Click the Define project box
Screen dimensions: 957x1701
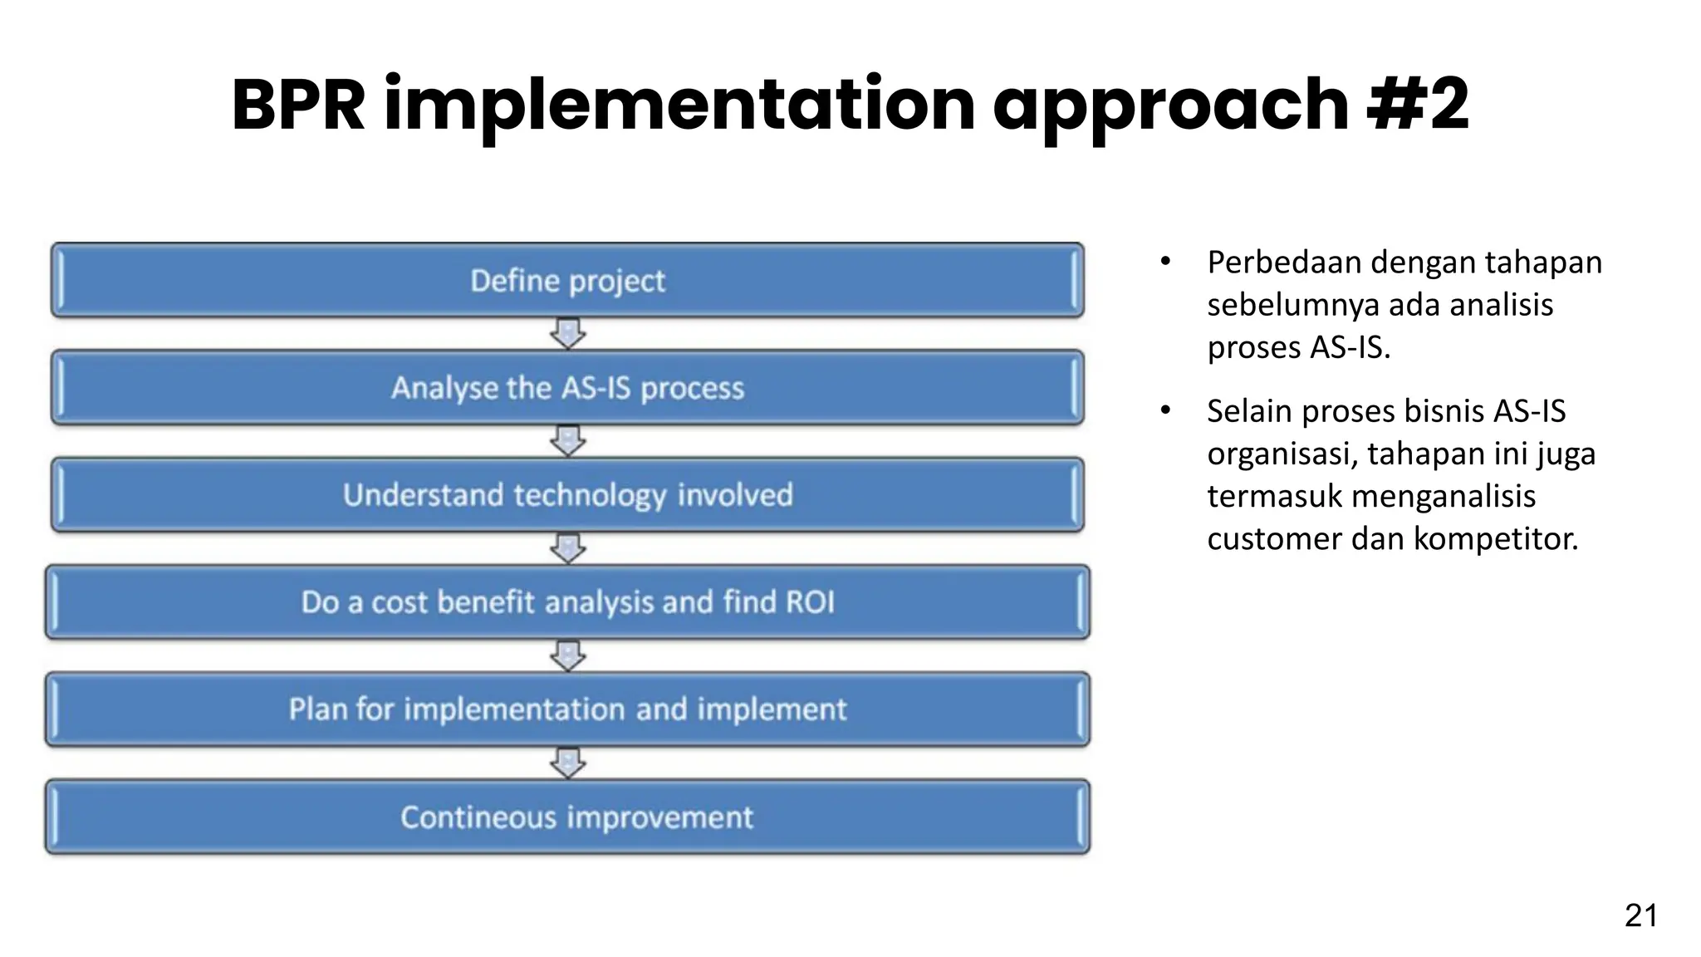(x=567, y=281)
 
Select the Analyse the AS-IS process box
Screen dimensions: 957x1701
(x=567, y=388)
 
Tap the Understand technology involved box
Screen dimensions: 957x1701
(x=567, y=495)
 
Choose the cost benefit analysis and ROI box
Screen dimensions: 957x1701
(x=567, y=602)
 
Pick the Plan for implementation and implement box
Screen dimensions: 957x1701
(x=567, y=709)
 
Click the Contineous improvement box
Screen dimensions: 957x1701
(x=567, y=817)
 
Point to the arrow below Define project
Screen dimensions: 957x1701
(x=568, y=334)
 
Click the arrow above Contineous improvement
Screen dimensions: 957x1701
(x=568, y=763)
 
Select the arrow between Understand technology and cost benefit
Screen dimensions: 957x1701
(x=568, y=548)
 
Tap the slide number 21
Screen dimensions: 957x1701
(x=1640, y=915)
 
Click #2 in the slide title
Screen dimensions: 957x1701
(x=1419, y=106)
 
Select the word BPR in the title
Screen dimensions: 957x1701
(x=298, y=106)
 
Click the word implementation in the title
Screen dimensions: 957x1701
(x=679, y=106)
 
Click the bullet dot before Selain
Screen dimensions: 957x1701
(x=1165, y=410)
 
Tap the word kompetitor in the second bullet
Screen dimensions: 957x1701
(x=1495, y=539)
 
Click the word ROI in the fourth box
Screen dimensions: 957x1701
(x=809, y=602)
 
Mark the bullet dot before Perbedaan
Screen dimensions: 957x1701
(x=1165, y=263)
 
